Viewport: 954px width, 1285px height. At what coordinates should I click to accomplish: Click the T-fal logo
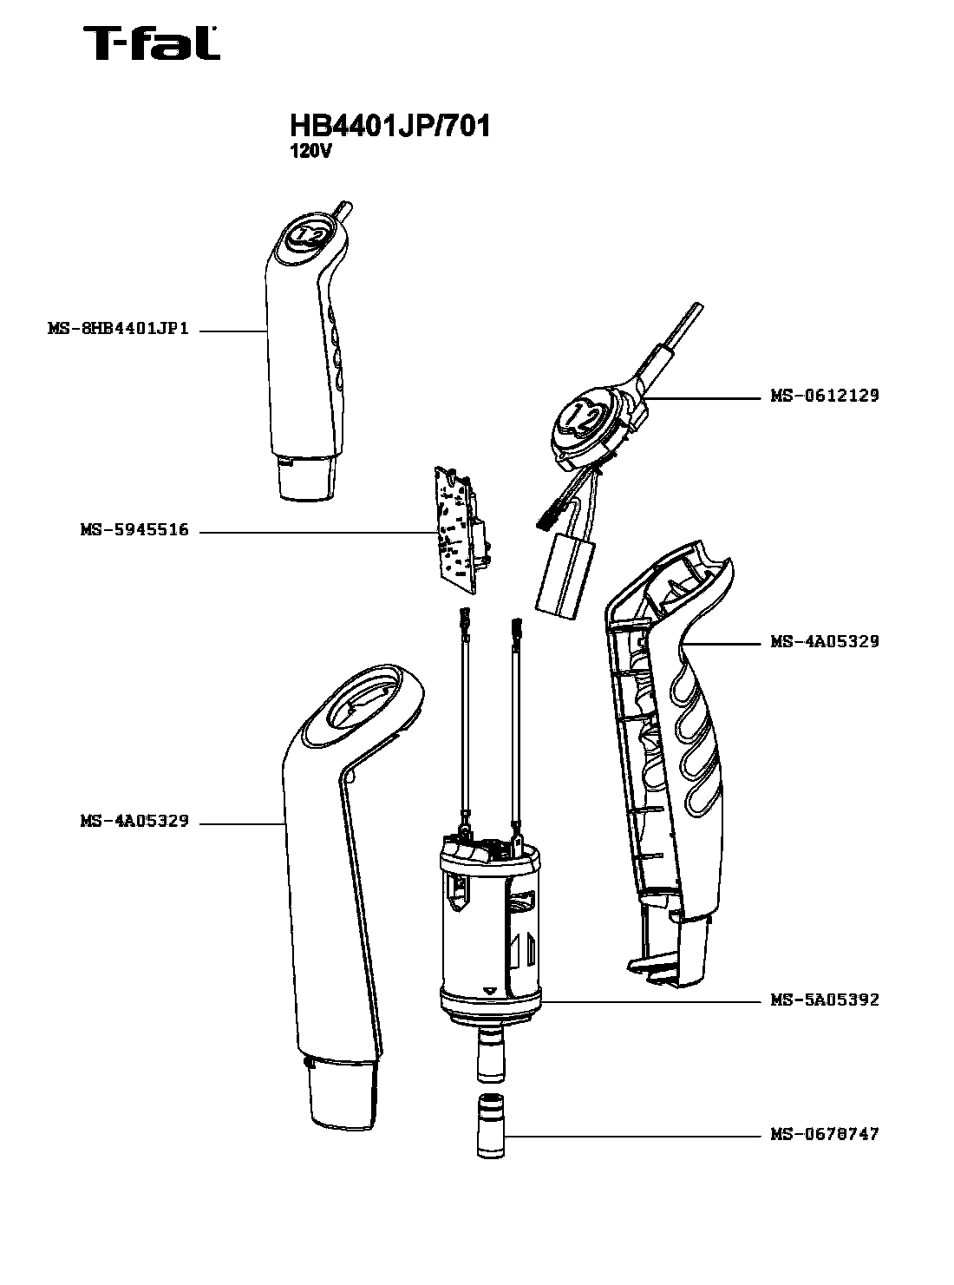point(151,44)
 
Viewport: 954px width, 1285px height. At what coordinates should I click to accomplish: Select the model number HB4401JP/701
point(390,126)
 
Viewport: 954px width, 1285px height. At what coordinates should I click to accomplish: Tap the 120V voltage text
point(310,151)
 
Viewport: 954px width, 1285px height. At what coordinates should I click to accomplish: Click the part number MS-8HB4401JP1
point(118,330)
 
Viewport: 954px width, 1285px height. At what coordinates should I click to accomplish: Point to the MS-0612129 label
point(824,396)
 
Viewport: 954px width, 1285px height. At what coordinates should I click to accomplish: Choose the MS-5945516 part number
point(134,530)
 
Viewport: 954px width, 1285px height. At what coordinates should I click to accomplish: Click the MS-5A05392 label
point(824,1000)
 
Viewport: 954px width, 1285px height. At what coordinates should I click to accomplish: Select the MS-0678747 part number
point(824,1134)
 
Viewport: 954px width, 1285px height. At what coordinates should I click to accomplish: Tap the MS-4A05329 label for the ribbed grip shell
point(824,641)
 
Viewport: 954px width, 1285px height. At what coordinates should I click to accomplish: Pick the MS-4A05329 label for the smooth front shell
point(134,821)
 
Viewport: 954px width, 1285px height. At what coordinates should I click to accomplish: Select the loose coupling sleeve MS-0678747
point(491,1127)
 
